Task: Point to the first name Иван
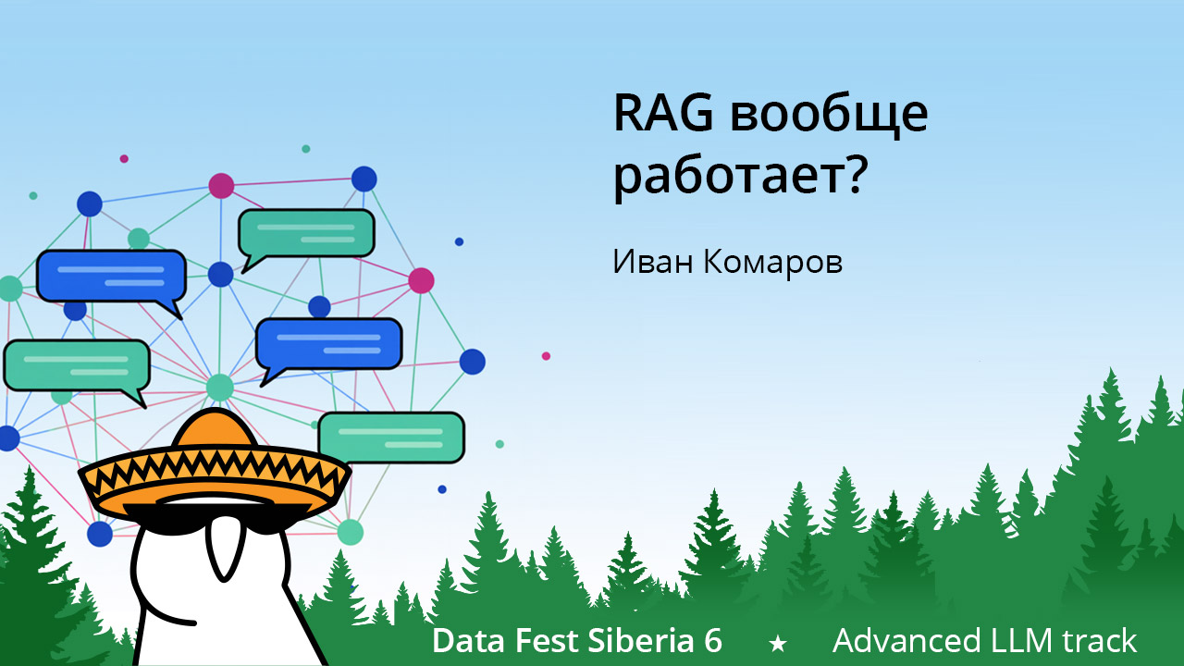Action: tap(651, 262)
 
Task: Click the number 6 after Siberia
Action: tap(711, 640)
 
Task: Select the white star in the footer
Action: tap(778, 642)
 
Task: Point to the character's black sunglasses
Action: tap(213, 515)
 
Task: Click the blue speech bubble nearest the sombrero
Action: tap(327, 344)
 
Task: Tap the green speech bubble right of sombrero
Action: tap(390, 438)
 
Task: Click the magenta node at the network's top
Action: tap(221, 185)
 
